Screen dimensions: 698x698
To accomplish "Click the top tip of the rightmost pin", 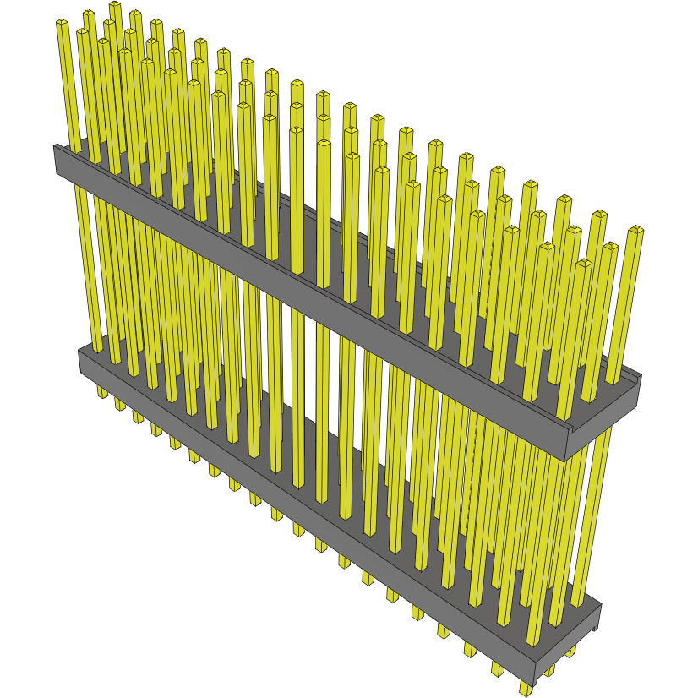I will (x=636, y=230).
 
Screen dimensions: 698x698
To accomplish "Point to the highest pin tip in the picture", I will (x=115, y=6).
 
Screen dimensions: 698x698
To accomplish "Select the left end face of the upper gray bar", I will (x=60, y=161).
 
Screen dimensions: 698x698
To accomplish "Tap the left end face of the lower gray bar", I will (x=84, y=363).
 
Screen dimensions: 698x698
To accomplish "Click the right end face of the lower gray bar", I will (x=597, y=621).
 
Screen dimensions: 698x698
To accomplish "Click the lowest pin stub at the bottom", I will (x=526, y=688).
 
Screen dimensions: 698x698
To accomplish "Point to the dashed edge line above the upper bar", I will (x=481, y=254).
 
